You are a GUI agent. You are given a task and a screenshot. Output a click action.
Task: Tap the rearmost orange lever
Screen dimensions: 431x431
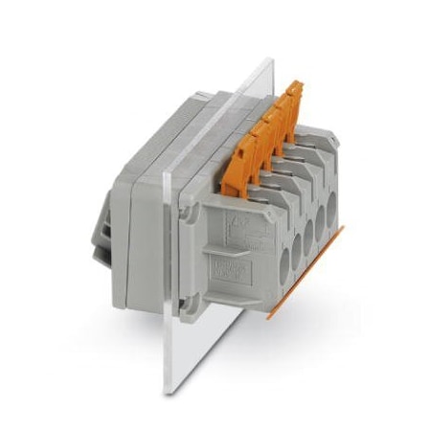tap(293, 96)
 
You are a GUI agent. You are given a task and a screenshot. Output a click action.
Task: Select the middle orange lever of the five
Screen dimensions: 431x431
tap(267, 123)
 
